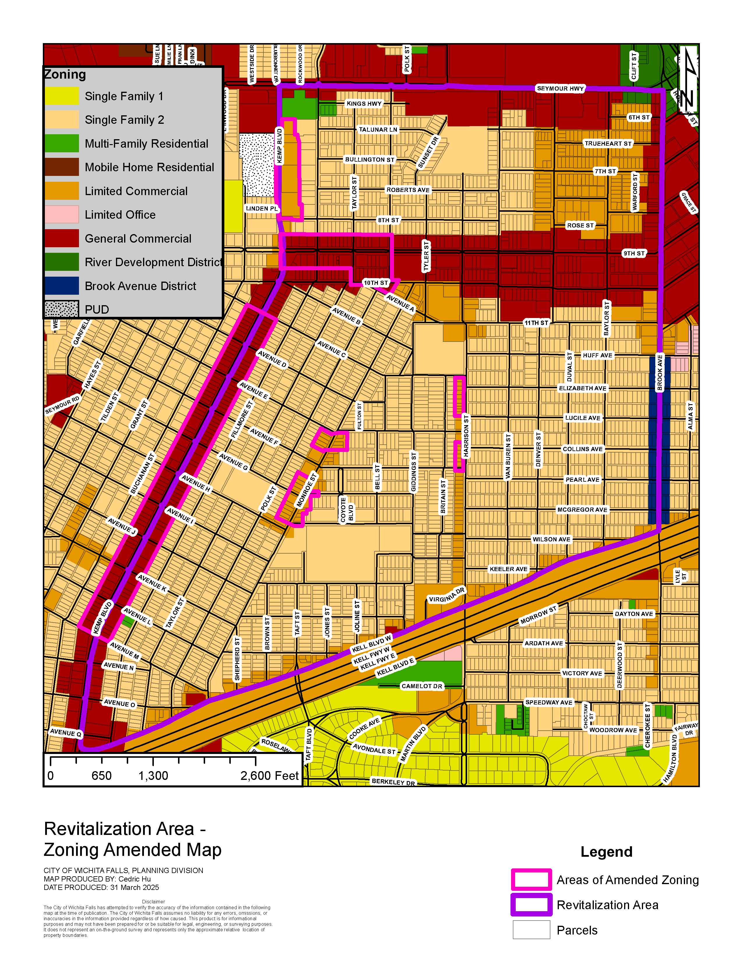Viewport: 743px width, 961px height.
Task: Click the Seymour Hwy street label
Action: tap(560, 89)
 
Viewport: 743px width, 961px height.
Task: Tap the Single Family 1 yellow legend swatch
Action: tap(61, 96)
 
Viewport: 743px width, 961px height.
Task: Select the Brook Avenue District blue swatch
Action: tap(61, 286)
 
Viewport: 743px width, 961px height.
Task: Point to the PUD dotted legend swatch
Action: tap(61, 309)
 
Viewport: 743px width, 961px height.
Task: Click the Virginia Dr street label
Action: tap(447, 595)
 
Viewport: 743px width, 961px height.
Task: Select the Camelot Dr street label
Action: tap(422, 686)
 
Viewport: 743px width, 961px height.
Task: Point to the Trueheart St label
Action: tap(608, 144)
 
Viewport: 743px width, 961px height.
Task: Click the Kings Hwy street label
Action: tap(364, 103)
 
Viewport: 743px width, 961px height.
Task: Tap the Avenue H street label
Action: tap(196, 483)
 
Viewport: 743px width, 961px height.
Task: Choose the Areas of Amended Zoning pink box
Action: tap(531, 879)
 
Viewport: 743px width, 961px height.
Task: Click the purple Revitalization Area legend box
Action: tap(531, 905)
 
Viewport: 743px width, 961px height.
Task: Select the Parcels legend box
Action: tap(531, 930)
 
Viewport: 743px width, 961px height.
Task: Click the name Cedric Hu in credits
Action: tap(134, 879)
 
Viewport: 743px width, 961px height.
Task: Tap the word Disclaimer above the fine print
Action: tap(153, 902)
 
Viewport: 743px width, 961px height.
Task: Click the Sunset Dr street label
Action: tap(428, 153)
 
